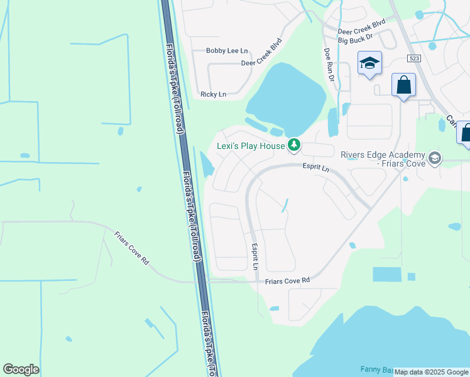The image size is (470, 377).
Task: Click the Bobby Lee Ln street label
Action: (227, 50)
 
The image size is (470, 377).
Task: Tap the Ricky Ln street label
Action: (213, 94)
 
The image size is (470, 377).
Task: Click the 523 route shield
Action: (413, 58)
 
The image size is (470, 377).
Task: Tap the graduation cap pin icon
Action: (369, 63)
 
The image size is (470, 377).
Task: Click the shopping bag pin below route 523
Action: (403, 85)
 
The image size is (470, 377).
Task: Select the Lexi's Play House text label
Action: (251, 146)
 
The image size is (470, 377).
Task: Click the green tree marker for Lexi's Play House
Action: (293, 146)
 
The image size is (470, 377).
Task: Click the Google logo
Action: (21, 369)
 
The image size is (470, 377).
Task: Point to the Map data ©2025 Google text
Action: (431, 372)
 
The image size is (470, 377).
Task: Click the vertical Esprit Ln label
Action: (255, 257)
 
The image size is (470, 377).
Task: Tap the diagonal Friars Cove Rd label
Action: (131, 248)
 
